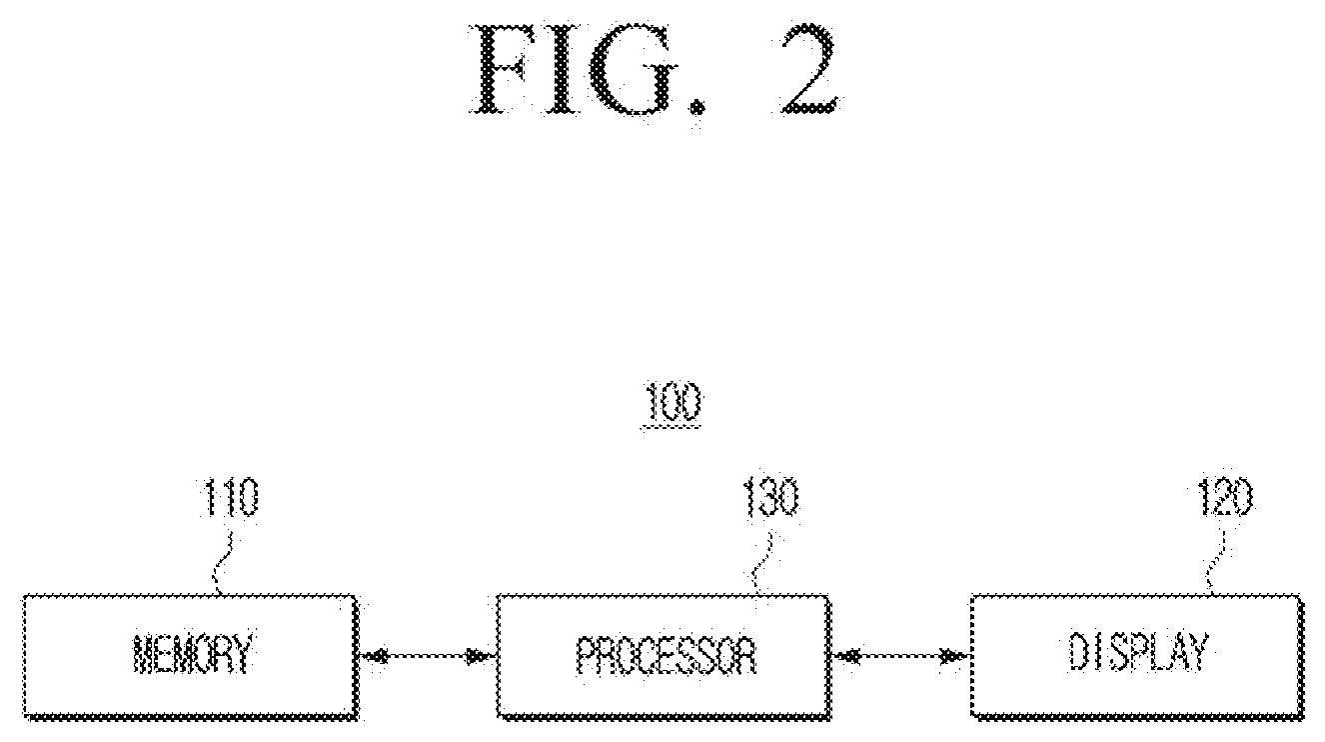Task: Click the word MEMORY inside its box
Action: pyautogui.click(x=192, y=654)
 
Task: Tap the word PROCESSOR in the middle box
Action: pyautogui.click(x=666, y=656)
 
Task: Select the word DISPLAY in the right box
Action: pyautogui.click(x=1137, y=653)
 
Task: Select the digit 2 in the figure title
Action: pyautogui.click(x=810, y=69)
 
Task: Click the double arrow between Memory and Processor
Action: pyautogui.click(x=427, y=656)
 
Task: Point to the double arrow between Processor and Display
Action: pyautogui.click(x=900, y=656)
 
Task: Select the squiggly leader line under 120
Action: pyautogui.click(x=1215, y=563)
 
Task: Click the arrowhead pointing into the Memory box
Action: pyautogui.click(x=373, y=656)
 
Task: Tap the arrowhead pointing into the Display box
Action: pyautogui.click(x=954, y=656)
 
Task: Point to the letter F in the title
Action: pyautogui.click(x=504, y=70)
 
